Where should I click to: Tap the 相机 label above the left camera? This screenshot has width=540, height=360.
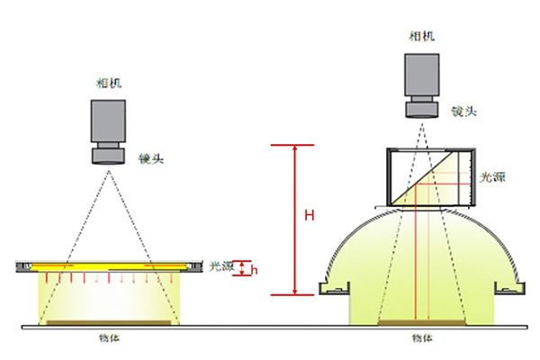coord(108,83)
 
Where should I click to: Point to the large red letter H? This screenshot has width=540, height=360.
coord(309,215)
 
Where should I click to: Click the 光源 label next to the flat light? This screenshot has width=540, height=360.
coord(221,265)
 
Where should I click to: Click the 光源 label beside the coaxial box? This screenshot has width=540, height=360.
coord(492,177)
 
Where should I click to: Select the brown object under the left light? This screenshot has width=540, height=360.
coord(110,322)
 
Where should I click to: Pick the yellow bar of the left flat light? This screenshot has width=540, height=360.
coord(108,265)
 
